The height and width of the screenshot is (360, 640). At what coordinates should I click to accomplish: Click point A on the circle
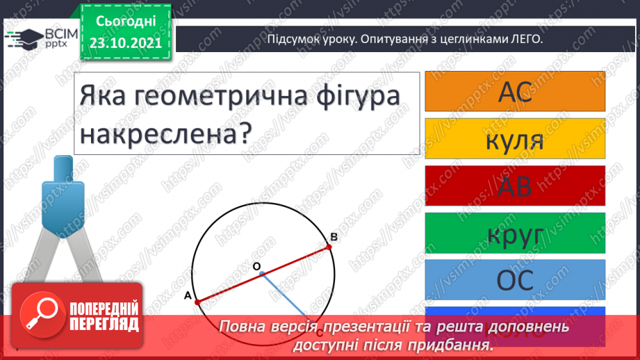197,302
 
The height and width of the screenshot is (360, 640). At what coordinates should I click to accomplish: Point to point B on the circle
328,246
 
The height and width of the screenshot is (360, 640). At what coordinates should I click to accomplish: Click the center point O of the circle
262,274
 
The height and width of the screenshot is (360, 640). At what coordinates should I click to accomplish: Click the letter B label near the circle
334,238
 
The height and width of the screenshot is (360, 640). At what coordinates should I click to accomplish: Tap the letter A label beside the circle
187,296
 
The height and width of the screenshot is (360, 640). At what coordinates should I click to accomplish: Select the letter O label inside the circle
256,266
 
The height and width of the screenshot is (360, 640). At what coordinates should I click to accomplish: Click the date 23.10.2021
124,42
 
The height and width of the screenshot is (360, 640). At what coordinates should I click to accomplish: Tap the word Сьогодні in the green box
124,22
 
